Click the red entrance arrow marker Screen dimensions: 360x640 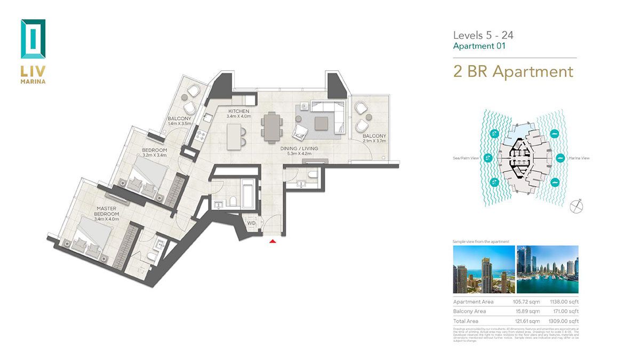pyautogui.click(x=273, y=242)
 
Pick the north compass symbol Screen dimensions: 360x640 pyautogui.click(x=575, y=206)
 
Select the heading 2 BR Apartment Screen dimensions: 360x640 pyautogui.click(x=513, y=71)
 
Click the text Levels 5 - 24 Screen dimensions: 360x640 pyautogui.click(x=483, y=35)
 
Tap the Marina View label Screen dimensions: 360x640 pyautogui.click(x=579, y=158)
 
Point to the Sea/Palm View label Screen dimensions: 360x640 pyautogui.click(x=465, y=158)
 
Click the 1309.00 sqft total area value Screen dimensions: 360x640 pyautogui.click(x=564, y=321)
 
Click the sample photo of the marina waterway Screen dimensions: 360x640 pyautogui.click(x=547, y=269)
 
